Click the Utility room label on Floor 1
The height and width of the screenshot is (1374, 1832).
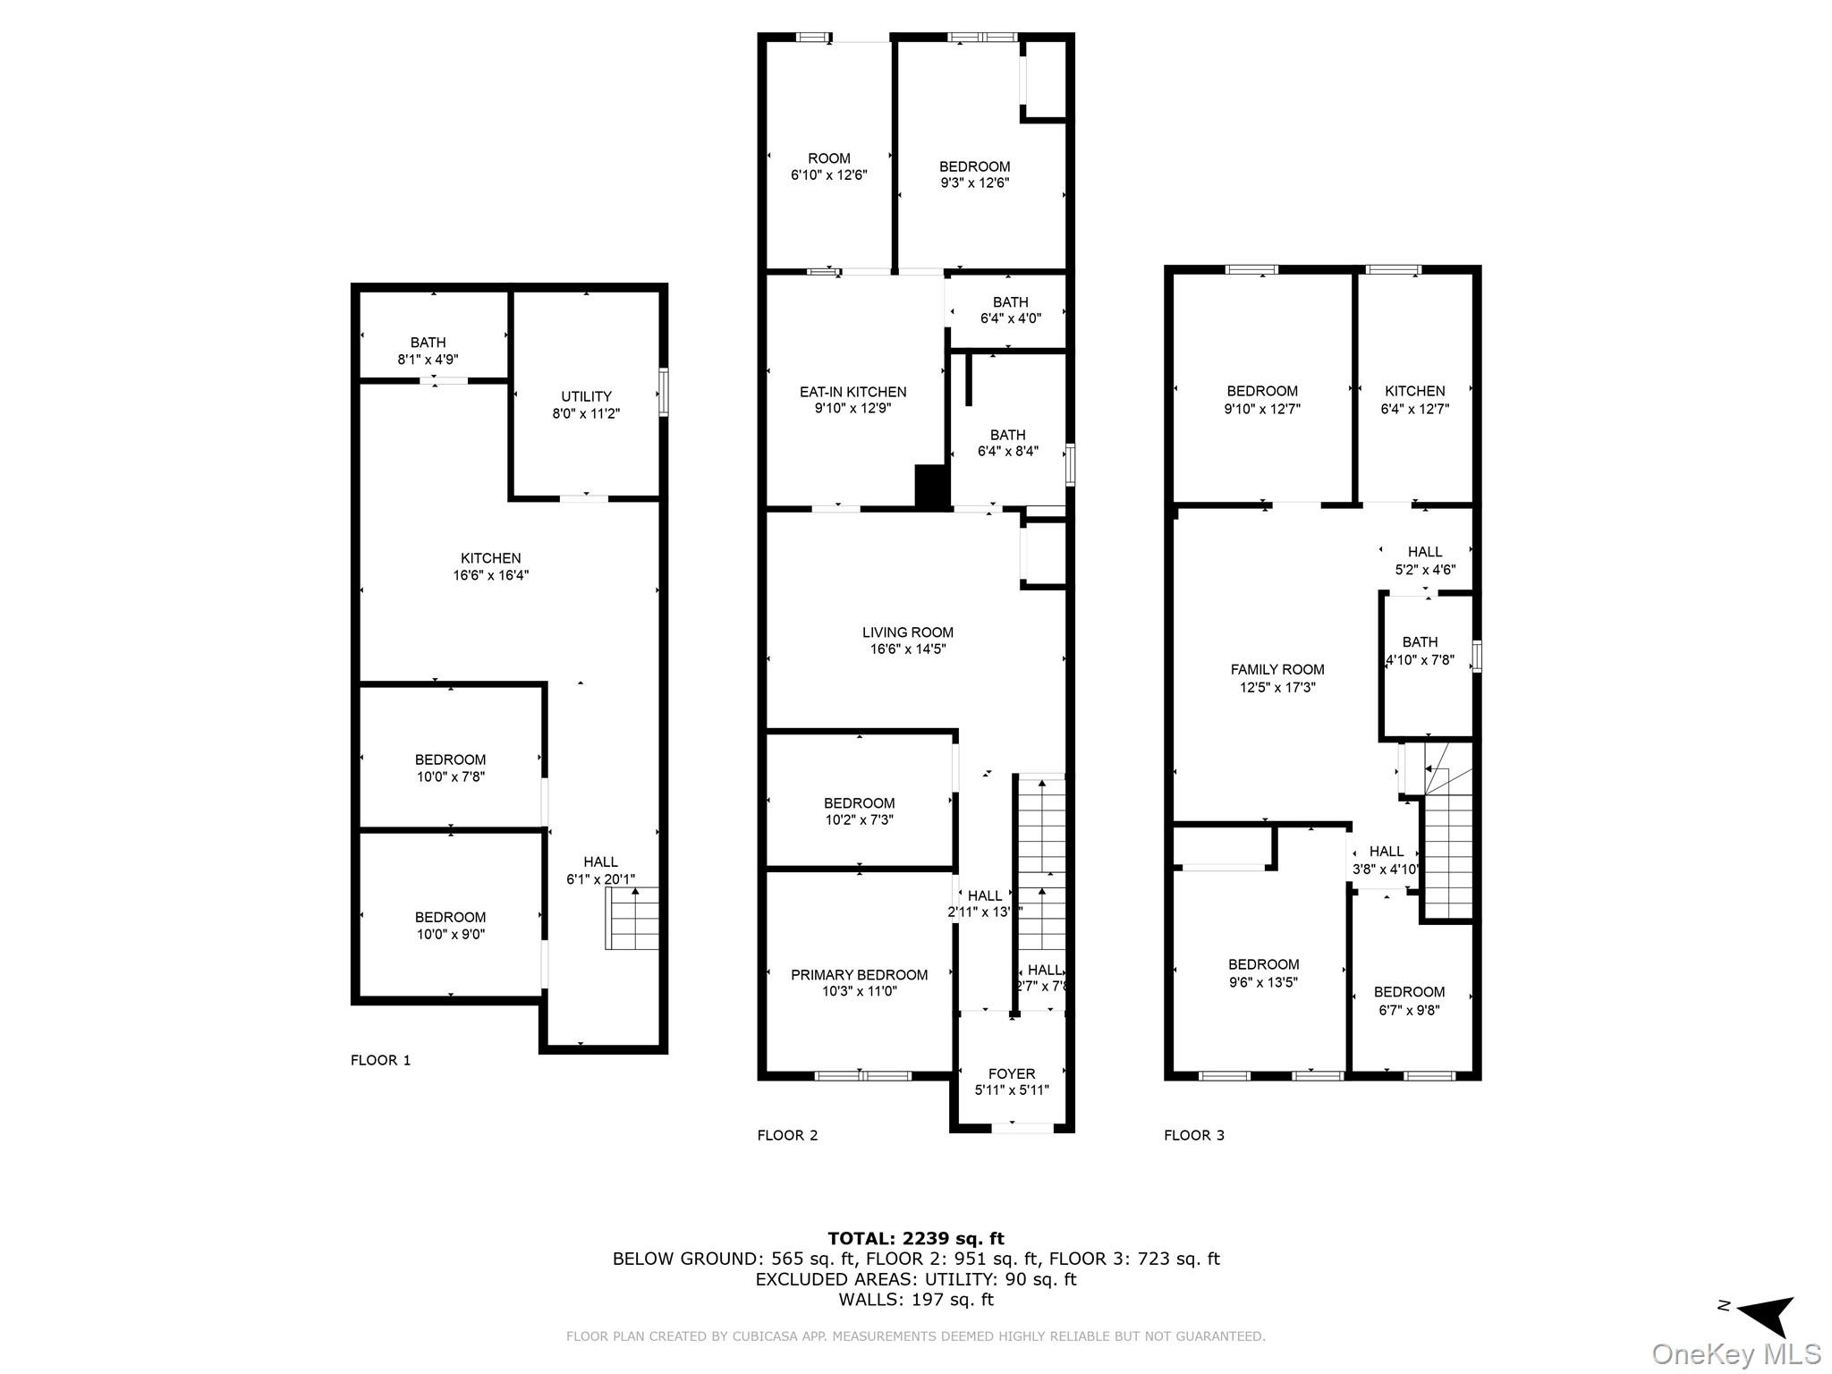586,396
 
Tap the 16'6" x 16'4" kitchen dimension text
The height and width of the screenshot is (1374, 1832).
490,575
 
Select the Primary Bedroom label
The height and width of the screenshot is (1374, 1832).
859,975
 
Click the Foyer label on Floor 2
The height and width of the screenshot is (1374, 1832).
1012,1073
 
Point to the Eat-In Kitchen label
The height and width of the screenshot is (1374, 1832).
852,392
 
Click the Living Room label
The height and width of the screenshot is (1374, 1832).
908,632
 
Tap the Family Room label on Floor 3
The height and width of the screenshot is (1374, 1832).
1276,669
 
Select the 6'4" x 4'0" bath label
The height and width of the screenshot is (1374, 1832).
1010,310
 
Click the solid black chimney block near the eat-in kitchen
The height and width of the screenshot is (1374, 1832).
931,487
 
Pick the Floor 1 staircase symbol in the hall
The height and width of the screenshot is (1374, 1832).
633,919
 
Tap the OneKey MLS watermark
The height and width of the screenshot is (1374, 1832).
1736,1353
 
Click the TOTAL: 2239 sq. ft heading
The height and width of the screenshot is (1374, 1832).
915,1238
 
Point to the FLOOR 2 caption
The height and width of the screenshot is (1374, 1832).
787,1135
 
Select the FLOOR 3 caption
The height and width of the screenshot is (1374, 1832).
1193,1135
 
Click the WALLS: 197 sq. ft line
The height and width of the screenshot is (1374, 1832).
915,1299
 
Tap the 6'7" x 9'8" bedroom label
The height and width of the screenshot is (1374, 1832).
1409,1001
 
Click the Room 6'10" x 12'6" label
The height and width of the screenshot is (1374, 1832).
828,166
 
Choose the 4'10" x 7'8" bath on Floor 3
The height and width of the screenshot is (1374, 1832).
1420,650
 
